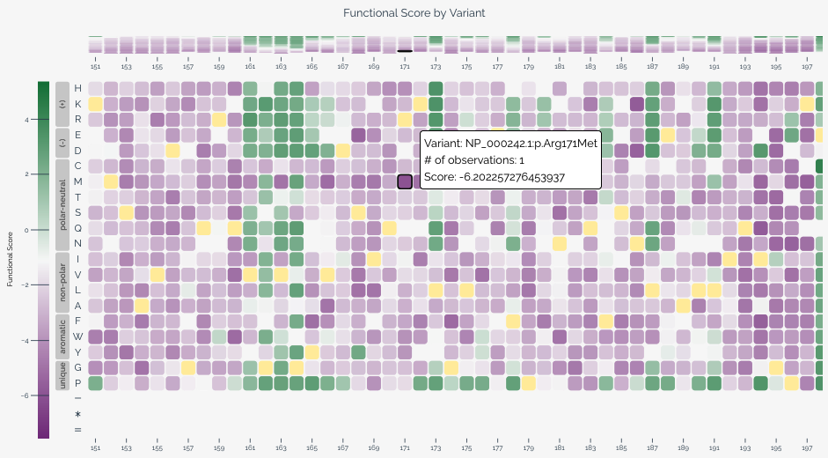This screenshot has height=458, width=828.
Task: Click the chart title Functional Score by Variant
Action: point(414,13)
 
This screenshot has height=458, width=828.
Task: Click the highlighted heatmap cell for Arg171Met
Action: point(405,181)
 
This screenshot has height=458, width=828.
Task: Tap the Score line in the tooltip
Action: point(494,177)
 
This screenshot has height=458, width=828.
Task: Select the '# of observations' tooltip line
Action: point(473,159)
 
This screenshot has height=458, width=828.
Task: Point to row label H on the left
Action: point(77,88)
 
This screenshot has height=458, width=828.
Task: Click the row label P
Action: point(77,383)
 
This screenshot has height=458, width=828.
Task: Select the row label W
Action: point(77,336)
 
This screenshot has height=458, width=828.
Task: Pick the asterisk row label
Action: point(77,414)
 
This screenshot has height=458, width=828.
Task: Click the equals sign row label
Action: point(77,430)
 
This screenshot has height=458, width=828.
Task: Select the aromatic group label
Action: point(62,336)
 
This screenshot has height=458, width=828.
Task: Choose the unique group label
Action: point(62,375)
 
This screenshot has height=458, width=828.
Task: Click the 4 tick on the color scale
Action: point(28,119)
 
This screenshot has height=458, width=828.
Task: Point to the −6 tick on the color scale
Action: point(27,395)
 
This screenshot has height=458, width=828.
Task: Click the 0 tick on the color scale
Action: point(29,230)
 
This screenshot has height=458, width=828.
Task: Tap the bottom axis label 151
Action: point(95,447)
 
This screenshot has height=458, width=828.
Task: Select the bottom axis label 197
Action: point(807,447)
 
